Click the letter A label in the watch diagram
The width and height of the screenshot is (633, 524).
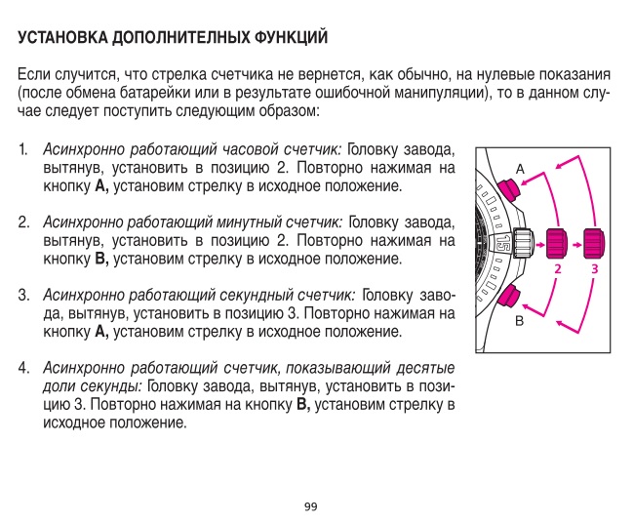coord(520,168)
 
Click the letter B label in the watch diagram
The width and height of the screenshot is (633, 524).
coord(520,319)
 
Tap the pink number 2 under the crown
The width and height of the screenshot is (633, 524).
coord(557,267)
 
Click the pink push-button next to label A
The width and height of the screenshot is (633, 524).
coord(506,185)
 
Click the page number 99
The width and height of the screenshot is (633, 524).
coord(311,505)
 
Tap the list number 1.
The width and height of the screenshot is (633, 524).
coord(21,151)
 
